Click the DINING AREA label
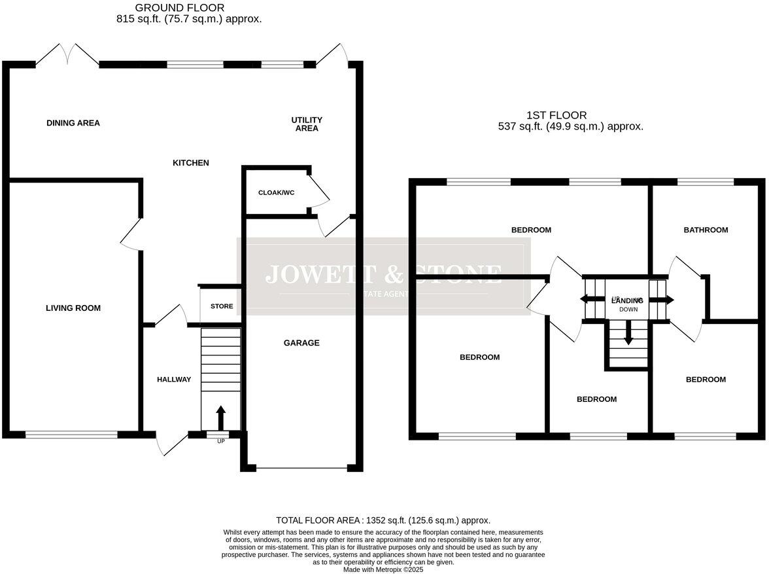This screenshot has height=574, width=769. point(73,123)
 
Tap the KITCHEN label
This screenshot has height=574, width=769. point(190,163)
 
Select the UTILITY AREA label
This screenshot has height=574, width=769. point(307,124)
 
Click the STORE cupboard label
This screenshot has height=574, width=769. point(222,306)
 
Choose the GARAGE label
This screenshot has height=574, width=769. point(301,343)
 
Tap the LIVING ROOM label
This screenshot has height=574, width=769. point(73,308)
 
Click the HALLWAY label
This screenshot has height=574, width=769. point(174,380)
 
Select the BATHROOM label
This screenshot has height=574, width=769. point(706,230)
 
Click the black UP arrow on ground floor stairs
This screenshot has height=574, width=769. point(220,417)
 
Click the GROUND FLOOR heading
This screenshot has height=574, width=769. point(179,8)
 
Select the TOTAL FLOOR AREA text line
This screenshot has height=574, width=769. point(383,520)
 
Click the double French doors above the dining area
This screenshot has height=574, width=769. point(67,56)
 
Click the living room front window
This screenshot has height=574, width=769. point(71,434)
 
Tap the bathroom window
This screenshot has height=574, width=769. point(706,181)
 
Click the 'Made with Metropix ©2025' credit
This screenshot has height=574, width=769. point(384,569)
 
